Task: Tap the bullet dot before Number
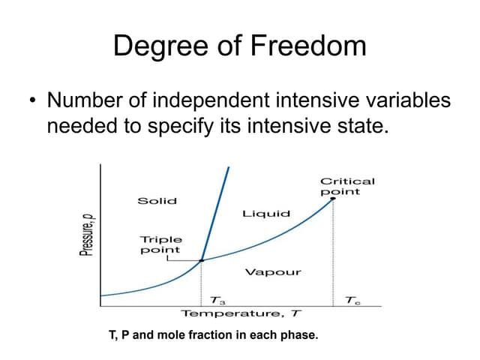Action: click(31, 100)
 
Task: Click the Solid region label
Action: click(157, 200)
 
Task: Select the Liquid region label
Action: click(265, 214)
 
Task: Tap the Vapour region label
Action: click(273, 272)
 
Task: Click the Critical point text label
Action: click(347, 186)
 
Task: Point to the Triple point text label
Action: click(160, 244)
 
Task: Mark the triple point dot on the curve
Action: click(202, 261)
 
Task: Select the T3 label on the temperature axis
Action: click(218, 300)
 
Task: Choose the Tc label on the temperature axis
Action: click(352, 300)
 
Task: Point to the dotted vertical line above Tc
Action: click(333, 255)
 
